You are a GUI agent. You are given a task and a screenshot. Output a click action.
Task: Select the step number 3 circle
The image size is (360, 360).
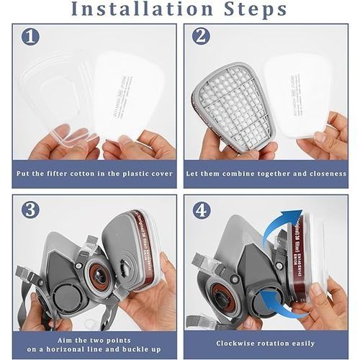coord(30,210)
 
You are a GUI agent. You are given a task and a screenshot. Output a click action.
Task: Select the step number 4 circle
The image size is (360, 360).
coord(202,210)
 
